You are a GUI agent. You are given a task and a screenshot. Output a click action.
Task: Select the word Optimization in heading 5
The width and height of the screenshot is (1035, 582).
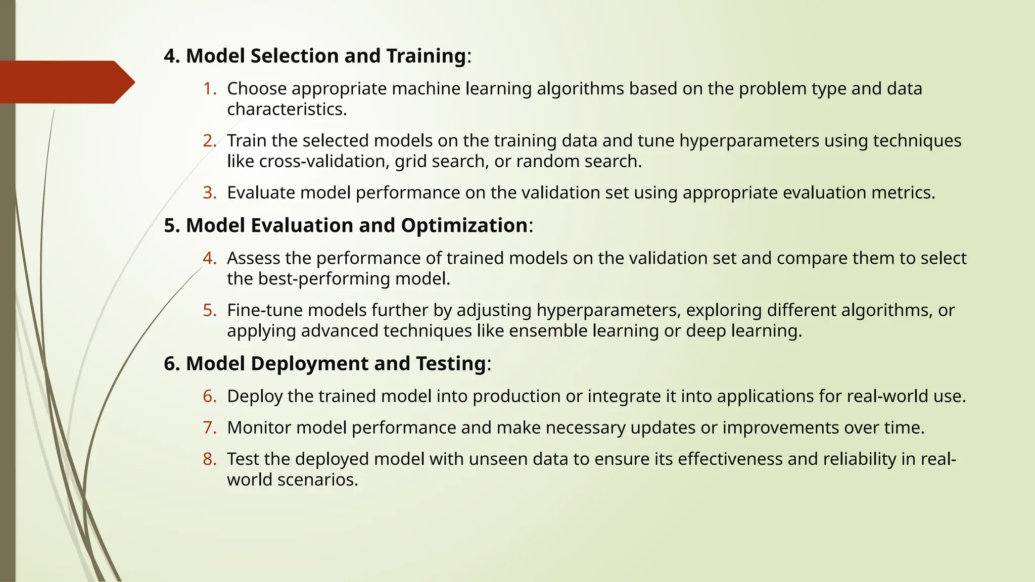[464, 225]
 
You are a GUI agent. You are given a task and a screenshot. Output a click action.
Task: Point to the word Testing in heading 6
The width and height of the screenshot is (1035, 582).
[451, 364]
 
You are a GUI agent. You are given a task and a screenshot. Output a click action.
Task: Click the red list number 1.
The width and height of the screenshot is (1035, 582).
[209, 89]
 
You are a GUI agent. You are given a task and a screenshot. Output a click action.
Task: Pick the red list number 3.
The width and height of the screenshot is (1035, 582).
[209, 192]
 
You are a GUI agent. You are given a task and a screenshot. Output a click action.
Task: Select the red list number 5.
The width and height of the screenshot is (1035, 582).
[209, 310]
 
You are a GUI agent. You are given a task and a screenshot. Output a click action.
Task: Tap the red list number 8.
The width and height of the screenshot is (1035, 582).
[209, 459]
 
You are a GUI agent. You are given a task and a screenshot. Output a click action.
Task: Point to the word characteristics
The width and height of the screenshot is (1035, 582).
[287, 110]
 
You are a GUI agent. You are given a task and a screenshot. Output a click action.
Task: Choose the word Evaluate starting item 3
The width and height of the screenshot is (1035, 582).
[261, 192]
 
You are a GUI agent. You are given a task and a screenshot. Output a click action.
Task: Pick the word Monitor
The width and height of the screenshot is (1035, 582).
[259, 427]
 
